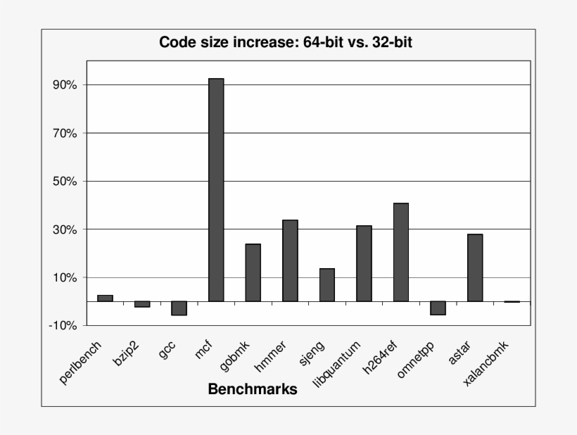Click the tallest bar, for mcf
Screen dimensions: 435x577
[x=216, y=190]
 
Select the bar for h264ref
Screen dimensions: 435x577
[x=401, y=252]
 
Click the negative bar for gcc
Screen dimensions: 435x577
[x=179, y=308]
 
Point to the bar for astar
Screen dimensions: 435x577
[x=475, y=267]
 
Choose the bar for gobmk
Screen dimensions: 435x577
[x=253, y=272]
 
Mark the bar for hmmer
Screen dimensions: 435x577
[x=290, y=260]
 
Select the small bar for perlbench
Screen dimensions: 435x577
[x=105, y=298]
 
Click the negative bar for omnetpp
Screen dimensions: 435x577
[x=438, y=308]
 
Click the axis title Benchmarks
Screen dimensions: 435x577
[x=252, y=389]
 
